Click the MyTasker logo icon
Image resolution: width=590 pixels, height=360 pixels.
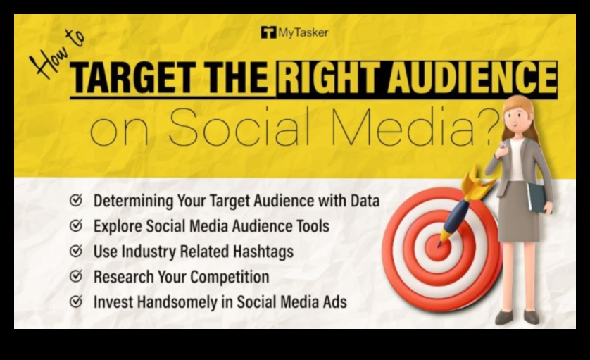tap(268, 32)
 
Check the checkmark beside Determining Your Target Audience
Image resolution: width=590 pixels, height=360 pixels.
tap(76, 200)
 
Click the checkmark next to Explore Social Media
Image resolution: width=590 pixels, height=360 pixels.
tap(76, 225)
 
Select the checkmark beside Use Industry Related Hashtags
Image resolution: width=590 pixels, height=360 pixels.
tap(76, 251)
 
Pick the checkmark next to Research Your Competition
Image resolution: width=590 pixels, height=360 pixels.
tap(76, 276)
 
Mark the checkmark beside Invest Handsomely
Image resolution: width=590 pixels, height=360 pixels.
tap(76, 302)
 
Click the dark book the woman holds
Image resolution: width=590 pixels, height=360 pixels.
tap(537, 197)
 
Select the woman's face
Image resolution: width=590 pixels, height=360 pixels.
tap(516, 115)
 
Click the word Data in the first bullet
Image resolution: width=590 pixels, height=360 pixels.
tap(365, 201)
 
